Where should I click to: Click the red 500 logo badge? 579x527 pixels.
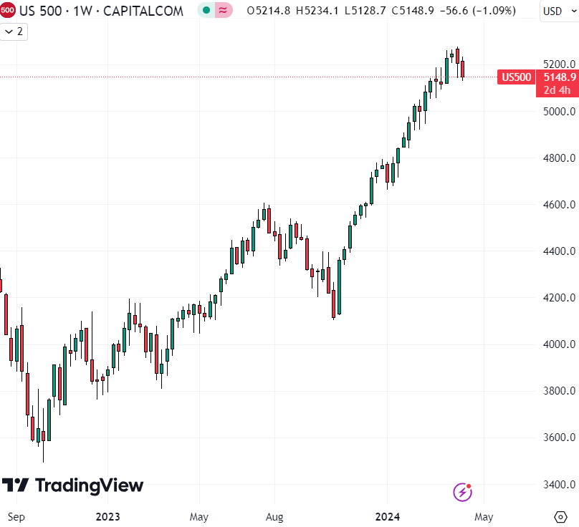click(8, 11)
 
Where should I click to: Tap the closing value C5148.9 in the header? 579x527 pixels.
click(388, 11)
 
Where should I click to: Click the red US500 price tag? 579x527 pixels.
click(516, 77)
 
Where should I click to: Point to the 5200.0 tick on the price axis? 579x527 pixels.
click(558, 64)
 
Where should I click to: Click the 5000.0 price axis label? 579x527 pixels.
click(558, 111)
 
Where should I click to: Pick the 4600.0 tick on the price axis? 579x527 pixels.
click(558, 205)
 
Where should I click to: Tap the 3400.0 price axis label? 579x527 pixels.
click(558, 485)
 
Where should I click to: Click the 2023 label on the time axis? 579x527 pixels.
click(107, 516)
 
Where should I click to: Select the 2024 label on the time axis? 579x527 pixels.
click(387, 516)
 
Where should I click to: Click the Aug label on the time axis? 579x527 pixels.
click(274, 516)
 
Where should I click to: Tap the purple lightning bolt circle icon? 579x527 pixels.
click(462, 492)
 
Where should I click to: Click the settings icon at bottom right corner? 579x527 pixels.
click(560, 516)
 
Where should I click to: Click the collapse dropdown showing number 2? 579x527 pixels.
click(14, 32)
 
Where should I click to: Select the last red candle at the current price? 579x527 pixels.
click(463, 69)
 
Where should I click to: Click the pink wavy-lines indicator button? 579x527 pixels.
click(223, 11)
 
